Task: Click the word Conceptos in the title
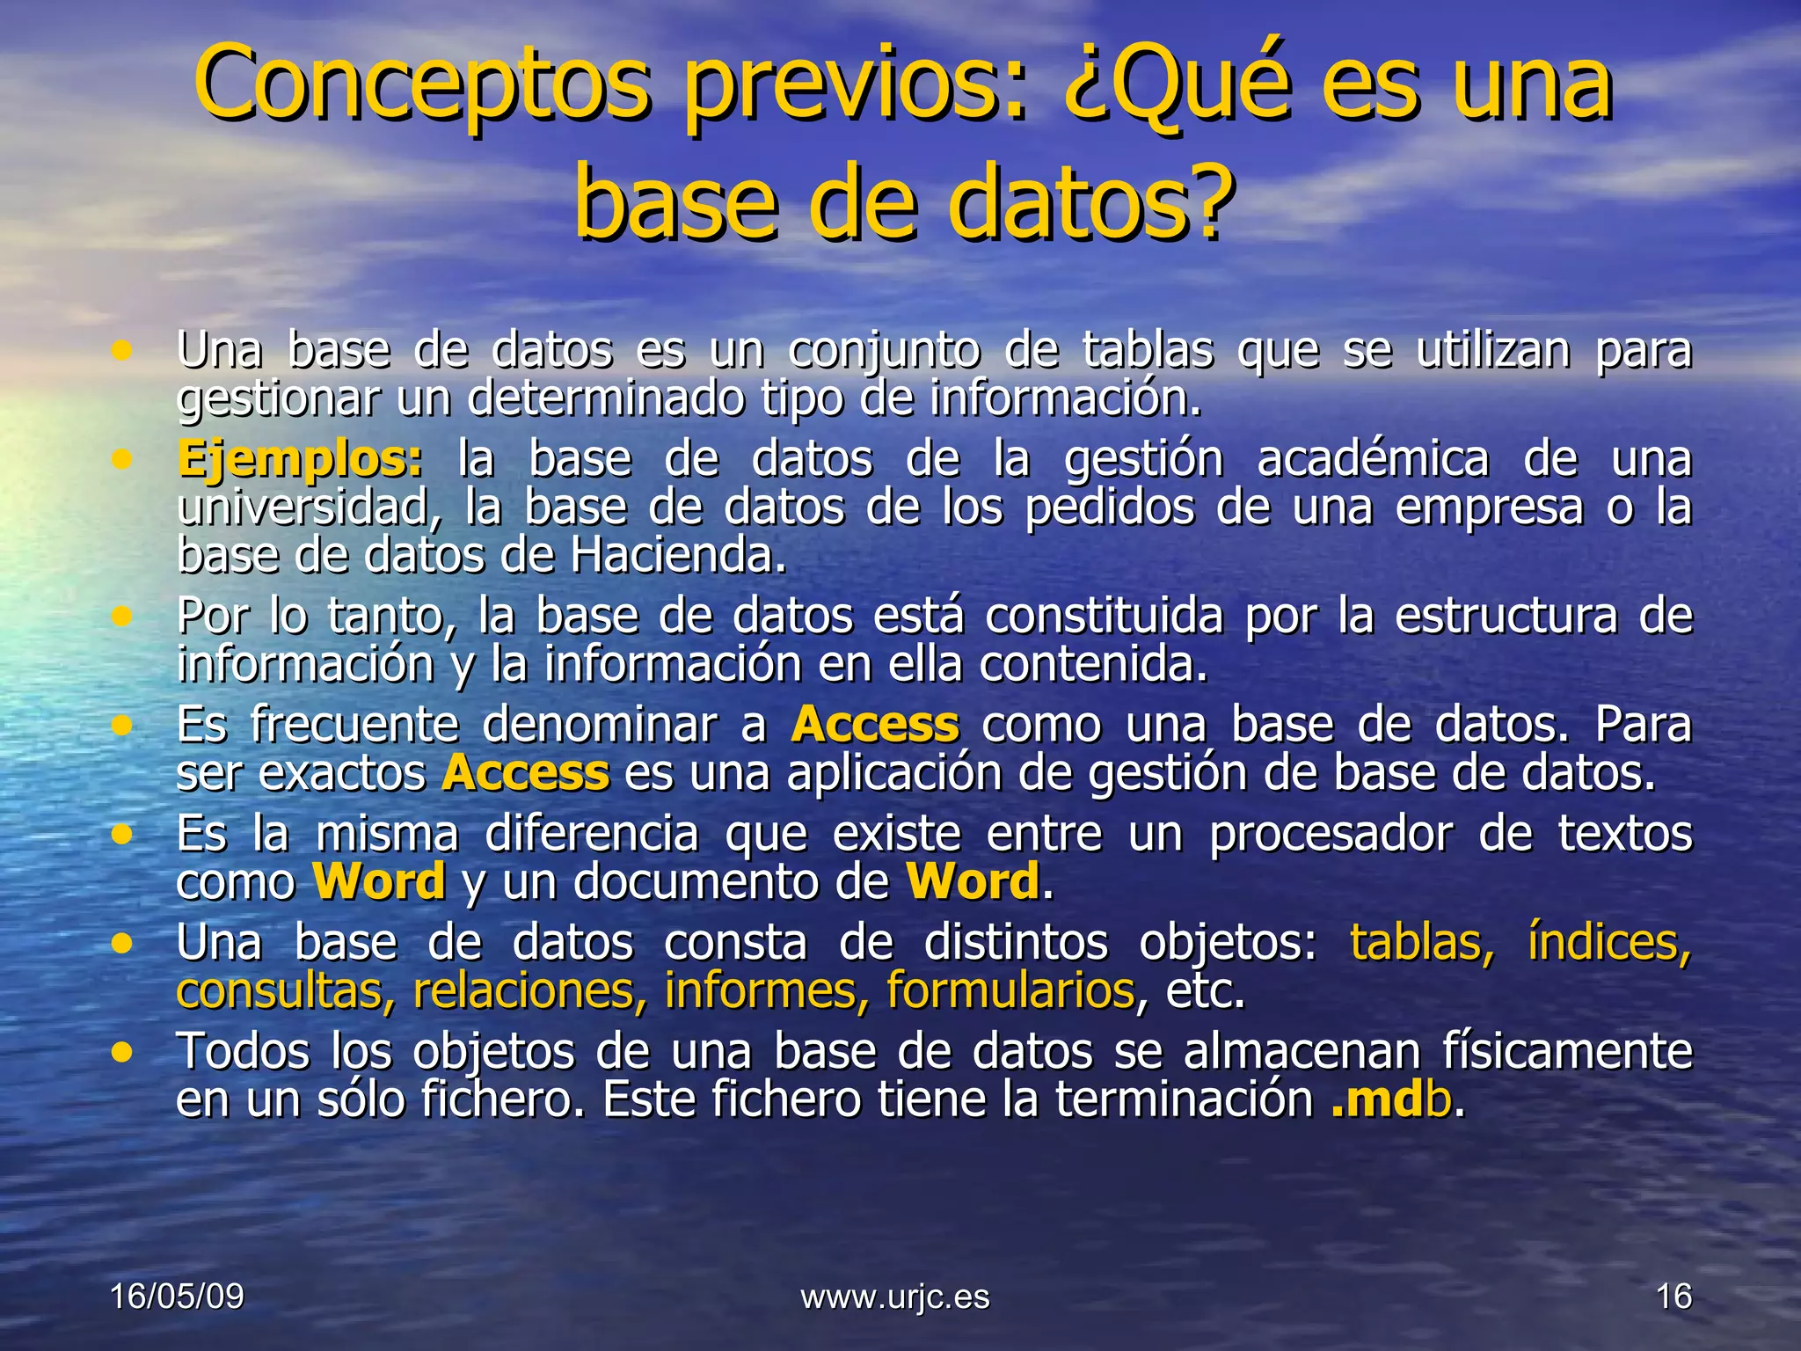pos(422,86)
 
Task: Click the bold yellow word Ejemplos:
pos(299,460)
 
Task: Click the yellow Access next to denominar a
pos(874,726)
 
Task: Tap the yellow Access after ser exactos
pos(525,774)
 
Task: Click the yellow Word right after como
pos(379,882)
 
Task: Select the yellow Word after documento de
pos(973,882)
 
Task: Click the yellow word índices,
pos(1608,943)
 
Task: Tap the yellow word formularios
pos(1010,991)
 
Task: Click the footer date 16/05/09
pos(177,1296)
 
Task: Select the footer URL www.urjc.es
pos(894,1296)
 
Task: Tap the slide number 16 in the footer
pos(1673,1296)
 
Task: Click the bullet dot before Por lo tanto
pos(121,617)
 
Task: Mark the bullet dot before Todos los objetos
pos(121,1052)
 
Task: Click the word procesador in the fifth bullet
pos(1331,834)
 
